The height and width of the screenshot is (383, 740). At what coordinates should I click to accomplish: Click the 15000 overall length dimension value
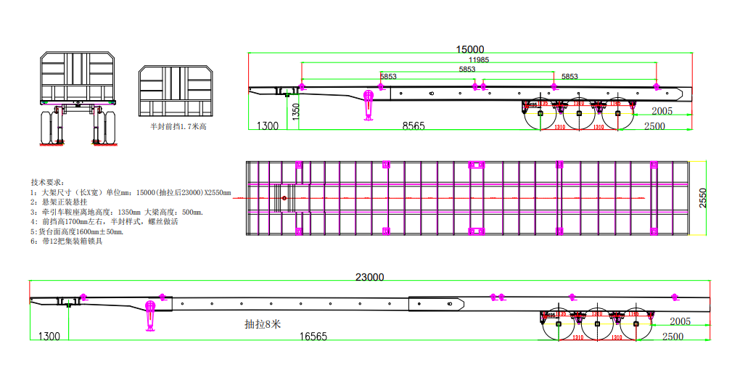pyautogui.click(x=469, y=49)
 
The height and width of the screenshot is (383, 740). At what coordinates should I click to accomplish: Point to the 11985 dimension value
pyautogui.click(x=478, y=59)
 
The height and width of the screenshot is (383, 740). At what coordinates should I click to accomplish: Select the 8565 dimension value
pyautogui.click(x=414, y=125)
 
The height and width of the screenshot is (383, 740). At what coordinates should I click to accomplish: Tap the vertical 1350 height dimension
pyautogui.click(x=296, y=111)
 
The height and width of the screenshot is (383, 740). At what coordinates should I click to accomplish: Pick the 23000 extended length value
pyautogui.click(x=369, y=277)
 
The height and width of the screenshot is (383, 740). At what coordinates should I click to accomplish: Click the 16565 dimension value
pyautogui.click(x=313, y=337)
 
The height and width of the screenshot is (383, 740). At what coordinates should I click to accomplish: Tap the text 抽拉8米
pyautogui.click(x=262, y=324)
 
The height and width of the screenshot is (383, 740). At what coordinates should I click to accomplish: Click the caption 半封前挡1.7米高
pyautogui.click(x=178, y=126)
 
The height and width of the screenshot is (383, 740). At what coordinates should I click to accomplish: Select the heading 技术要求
pyautogui.click(x=48, y=181)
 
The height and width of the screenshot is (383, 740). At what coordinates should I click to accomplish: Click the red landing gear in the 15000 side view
pyautogui.click(x=369, y=104)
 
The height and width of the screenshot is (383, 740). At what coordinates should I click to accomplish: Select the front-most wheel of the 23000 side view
pyautogui.click(x=558, y=324)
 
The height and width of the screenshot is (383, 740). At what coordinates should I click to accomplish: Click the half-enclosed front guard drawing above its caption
pyautogui.click(x=177, y=91)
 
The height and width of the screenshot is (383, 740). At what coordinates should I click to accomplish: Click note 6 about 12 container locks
pyautogui.click(x=66, y=242)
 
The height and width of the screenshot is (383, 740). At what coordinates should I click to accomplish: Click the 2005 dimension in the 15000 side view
pyautogui.click(x=661, y=111)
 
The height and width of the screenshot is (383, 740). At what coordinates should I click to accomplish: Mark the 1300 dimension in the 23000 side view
pyautogui.click(x=49, y=337)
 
